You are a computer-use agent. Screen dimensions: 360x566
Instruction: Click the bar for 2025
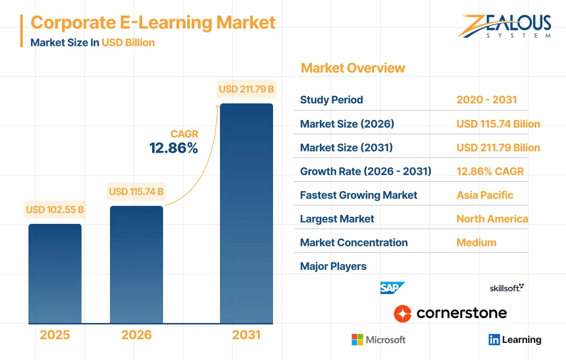coord(55,274)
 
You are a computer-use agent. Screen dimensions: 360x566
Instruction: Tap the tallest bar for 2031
coord(246,213)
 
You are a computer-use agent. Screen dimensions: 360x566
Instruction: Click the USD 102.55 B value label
coord(55,210)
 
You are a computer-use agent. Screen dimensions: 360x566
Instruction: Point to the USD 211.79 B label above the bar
coord(246,89)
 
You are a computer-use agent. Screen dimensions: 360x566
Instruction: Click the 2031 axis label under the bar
coord(246,335)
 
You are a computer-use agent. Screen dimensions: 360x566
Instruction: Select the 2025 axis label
coord(55,335)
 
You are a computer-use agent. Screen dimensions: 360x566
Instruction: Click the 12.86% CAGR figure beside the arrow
coord(173,148)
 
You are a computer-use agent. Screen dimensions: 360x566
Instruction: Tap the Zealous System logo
coord(504,27)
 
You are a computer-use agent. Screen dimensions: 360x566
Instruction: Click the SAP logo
coord(393,288)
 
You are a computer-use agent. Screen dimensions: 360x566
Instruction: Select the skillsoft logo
coord(507,287)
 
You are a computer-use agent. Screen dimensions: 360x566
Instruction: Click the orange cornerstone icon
coord(402,314)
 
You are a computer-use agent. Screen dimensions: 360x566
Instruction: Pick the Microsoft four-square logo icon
coord(357,340)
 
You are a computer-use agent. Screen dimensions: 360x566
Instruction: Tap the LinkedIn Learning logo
coord(515,340)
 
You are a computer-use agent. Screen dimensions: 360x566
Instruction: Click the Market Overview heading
coord(353,68)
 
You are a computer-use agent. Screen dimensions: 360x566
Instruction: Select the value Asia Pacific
coord(484,195)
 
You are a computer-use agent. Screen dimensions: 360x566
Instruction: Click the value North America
coord(492,219)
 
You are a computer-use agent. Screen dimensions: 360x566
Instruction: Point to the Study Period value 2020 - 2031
coord(486,100)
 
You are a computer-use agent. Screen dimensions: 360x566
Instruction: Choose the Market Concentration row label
coord(354,242)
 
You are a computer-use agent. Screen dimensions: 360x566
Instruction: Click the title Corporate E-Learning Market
coord(153,22)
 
